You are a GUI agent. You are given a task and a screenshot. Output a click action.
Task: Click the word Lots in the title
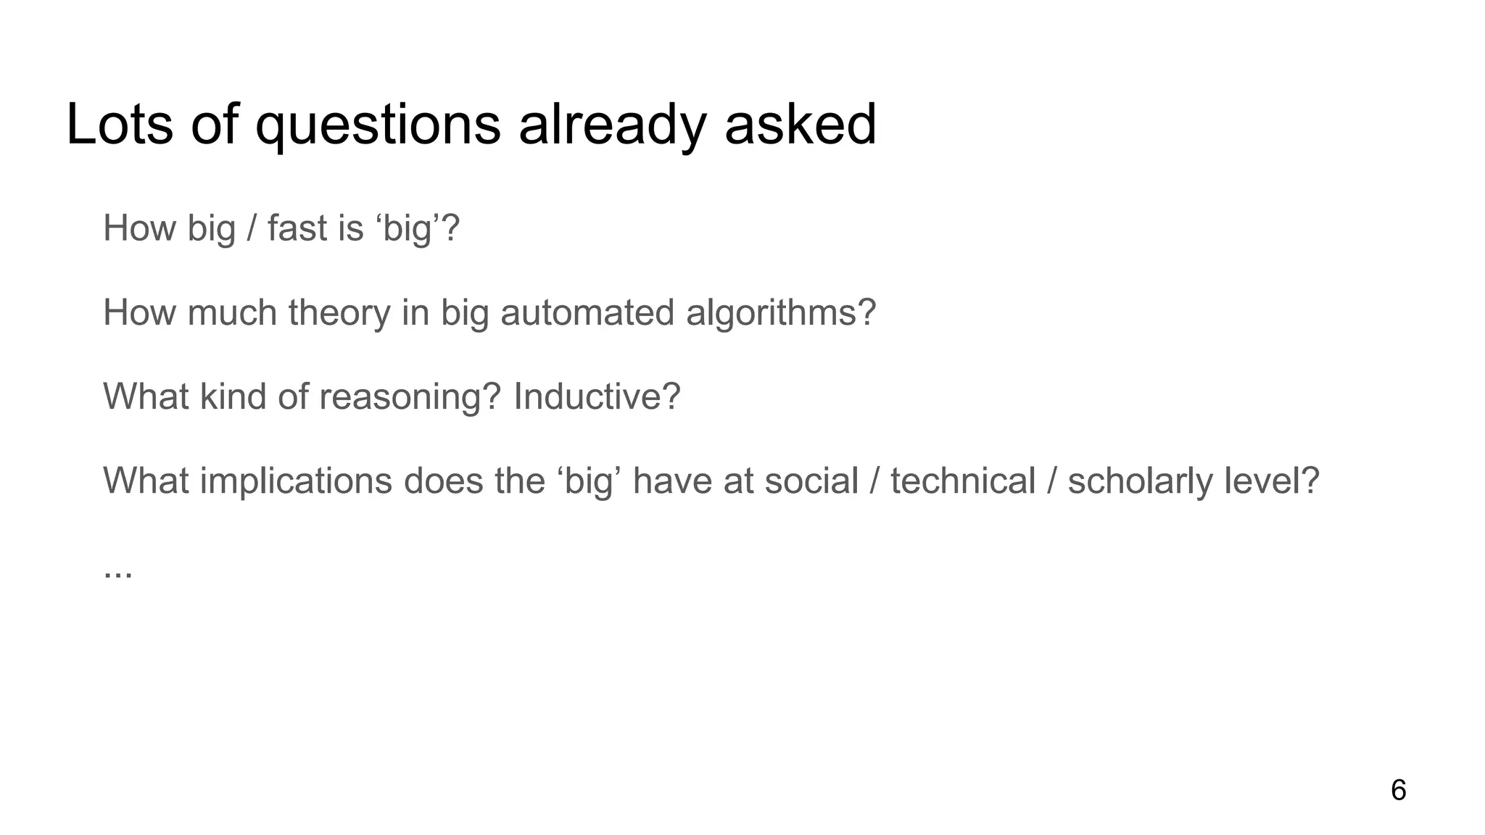pyautogui.click(x=120, y=124)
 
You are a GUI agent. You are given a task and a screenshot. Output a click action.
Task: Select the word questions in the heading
pyautogui.click(x=378, y=124)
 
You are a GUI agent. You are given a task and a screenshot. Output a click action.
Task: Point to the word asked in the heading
pyautogui.click(x=801, y=124)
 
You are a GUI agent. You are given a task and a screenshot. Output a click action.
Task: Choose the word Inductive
pyautogui.click(x=597, y=396)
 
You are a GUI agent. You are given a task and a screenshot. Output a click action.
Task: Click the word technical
pyautogui.click(x=963, y=481)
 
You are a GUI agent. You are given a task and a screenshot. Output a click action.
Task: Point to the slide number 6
pyautogui.click(x=1398, y=790)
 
